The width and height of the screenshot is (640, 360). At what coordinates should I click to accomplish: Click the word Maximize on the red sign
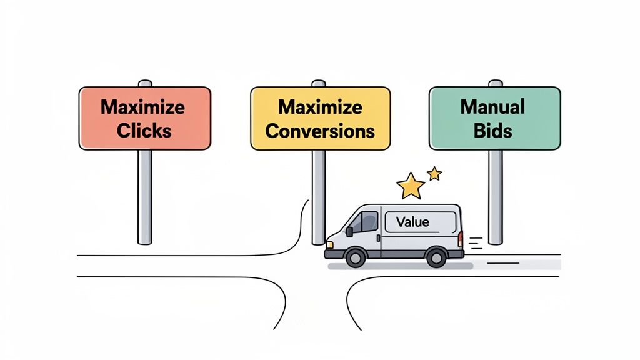pos(142,106)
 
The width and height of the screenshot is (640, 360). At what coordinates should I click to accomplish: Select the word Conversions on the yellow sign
pos(320,131)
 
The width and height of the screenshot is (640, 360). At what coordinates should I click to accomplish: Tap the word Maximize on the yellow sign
pos(320,107)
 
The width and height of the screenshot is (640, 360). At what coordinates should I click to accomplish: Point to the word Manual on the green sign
pos(492,107)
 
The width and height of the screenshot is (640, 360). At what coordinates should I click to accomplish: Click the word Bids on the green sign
pos(492,131)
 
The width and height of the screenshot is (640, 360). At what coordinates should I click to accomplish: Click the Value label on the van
pos(412,222)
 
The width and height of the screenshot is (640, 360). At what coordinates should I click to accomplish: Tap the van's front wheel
pos(355,257)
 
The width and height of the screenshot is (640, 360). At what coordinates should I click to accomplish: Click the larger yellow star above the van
pos(411,186)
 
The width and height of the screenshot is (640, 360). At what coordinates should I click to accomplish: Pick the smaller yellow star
pos(434,173)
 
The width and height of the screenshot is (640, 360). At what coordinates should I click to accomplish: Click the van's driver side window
pos(367,222)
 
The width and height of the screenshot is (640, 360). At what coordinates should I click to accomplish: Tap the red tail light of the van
pos(460,239)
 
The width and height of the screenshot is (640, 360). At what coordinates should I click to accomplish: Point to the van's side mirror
pos(350,231)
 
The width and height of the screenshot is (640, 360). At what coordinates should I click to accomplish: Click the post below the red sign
pos(145,197)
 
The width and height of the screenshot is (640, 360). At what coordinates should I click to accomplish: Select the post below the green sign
pos(495,197)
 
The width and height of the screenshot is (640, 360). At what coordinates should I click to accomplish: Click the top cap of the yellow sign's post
pos(319,83)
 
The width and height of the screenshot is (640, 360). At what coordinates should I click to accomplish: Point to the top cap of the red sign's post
pos(145,83)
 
